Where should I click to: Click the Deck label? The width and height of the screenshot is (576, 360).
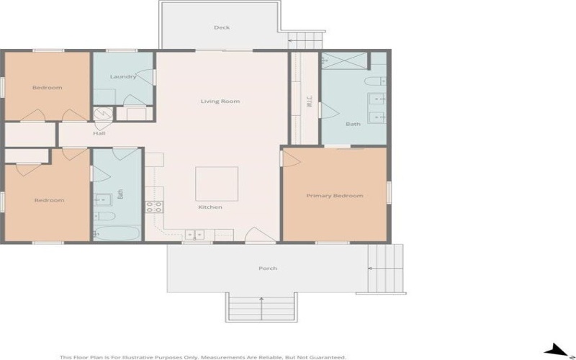point(221,28)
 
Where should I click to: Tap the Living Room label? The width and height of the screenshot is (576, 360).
point(220,102)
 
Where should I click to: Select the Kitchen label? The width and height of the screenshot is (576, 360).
point(210,207)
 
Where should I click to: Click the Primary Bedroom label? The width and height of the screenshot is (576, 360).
point(334,196)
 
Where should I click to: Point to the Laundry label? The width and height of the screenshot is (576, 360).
point(122,77)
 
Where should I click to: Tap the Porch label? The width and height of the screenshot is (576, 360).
point(268,269)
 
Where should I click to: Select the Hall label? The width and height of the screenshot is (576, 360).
point(99,133)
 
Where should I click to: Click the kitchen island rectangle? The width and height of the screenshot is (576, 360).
point(217,184)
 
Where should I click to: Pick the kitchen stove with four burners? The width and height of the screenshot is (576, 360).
point(153,207)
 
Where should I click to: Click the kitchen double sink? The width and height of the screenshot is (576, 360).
point(194,233)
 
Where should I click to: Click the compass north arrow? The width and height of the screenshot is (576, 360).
point(556,351)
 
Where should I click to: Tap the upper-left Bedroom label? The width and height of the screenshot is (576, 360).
point(48,88)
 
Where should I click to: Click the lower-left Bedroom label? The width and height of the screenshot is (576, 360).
point(49,200)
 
